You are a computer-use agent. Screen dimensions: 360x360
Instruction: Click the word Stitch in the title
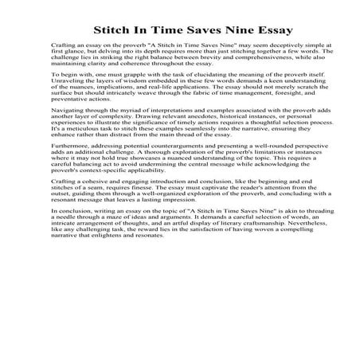(113, 31)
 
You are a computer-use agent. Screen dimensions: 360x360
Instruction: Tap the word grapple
(127, 95)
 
